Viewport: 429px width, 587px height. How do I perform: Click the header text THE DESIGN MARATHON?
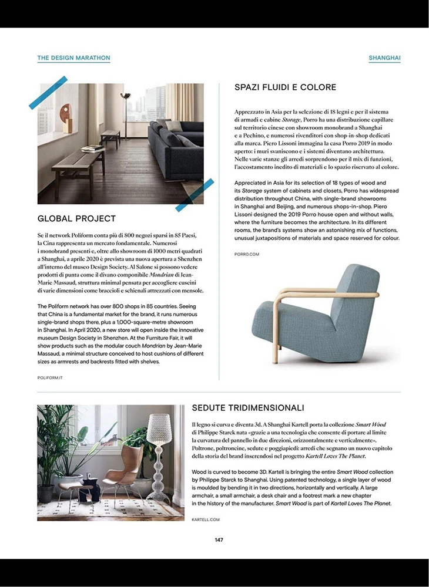coord(73,58)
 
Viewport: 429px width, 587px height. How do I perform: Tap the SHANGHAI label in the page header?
coord(384,58)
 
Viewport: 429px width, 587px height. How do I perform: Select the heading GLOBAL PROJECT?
coord(76,219)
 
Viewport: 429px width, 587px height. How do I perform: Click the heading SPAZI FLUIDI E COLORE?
coord(285,87)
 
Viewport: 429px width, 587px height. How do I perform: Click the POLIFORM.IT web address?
coord(50,378)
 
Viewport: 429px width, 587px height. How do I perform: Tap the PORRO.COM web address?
coord(246,254)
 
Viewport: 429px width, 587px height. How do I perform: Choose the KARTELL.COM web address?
coord(205,519)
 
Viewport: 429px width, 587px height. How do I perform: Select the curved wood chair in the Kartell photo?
coord(126,464)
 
